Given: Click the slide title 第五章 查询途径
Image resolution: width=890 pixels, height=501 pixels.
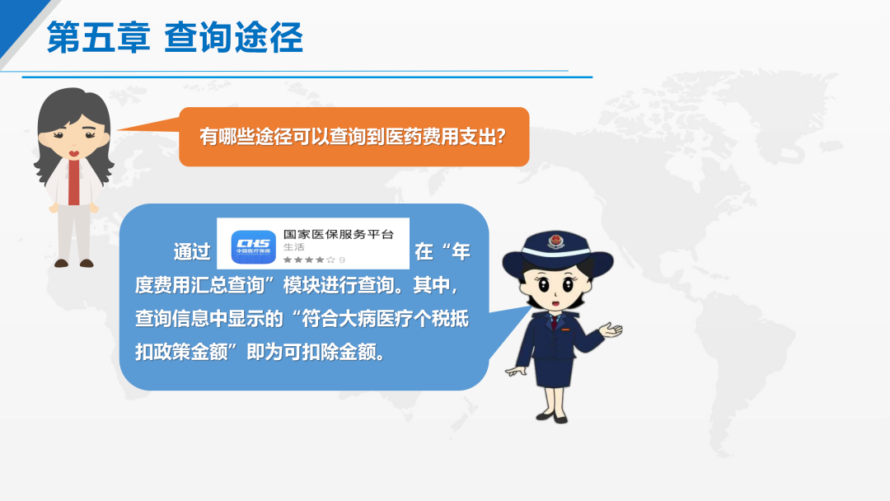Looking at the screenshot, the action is point(175,37).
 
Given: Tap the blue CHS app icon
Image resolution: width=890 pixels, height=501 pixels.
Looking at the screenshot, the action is point(254,247).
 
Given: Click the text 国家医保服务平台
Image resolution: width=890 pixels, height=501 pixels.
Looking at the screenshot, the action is point(339,234).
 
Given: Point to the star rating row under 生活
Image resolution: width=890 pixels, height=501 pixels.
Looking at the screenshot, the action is point(314,260).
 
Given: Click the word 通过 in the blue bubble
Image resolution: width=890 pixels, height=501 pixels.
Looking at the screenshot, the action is point(192,251).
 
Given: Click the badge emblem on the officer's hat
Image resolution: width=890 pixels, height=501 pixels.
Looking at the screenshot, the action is point(556,241).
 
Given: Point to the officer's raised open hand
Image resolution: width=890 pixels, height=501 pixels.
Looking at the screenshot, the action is point(611,330).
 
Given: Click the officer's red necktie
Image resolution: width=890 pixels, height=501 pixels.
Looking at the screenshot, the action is point(554,322).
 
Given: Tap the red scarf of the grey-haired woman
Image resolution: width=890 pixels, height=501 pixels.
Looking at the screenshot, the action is point(74,182).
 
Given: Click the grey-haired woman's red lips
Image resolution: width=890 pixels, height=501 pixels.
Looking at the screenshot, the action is point(74,153).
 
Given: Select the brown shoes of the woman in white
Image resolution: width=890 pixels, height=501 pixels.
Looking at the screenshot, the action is point(74,263).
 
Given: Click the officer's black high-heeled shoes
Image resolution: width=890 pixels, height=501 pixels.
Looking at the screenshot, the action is point(552,418).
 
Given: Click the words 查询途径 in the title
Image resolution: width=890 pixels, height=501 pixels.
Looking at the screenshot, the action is point(234,37).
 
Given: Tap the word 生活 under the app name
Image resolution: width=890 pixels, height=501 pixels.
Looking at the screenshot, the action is point(294,247).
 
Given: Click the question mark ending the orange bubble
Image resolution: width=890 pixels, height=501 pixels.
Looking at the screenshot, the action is point(501,136).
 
